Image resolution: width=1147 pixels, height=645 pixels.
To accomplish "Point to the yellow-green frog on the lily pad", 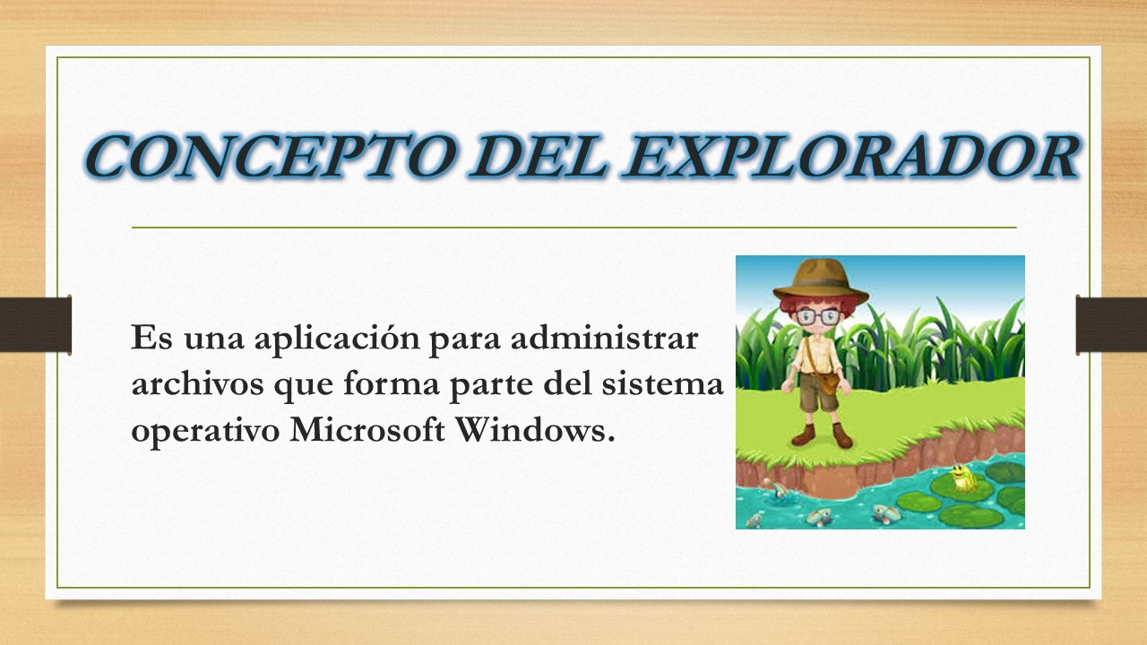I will [x=962, y=478].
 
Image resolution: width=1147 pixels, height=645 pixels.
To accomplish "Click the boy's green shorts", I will [x=815, y=394].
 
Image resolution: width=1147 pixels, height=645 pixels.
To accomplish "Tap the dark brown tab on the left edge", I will [x=35, y=323].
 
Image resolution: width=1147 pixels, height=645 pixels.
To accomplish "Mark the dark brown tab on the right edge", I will [x=1111, y=323].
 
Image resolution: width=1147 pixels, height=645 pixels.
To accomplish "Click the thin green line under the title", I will [x=573, y=228].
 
